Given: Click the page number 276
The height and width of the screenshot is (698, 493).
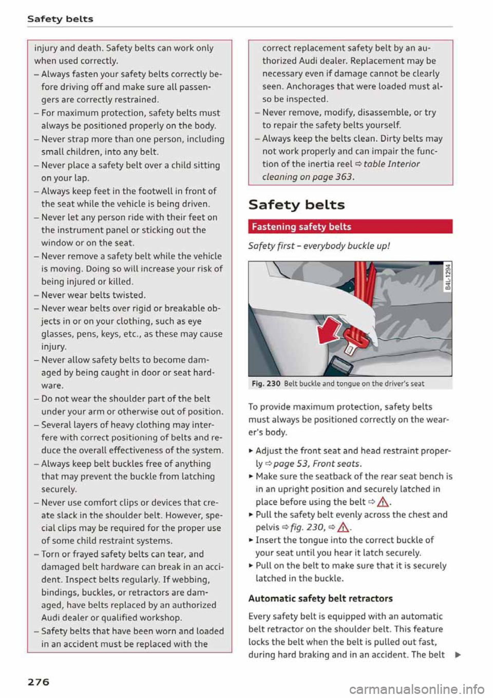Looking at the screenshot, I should (39, 682).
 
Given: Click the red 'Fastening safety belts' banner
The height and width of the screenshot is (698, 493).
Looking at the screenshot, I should (350, 227).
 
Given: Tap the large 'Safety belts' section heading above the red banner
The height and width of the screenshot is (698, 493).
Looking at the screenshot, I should (296, 205).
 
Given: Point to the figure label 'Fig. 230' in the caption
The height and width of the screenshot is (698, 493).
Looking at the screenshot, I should (266, 383).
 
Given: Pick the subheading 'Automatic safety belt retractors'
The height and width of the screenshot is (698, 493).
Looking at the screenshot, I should (320, 598).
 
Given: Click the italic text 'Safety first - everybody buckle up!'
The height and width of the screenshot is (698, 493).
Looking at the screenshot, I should (318, 246).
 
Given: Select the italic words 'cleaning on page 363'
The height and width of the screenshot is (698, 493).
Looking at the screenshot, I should (307, 177).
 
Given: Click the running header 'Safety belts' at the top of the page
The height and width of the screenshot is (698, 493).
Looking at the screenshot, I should (60, 19).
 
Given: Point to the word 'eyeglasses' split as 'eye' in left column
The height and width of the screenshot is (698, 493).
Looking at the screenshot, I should (195, 321).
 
